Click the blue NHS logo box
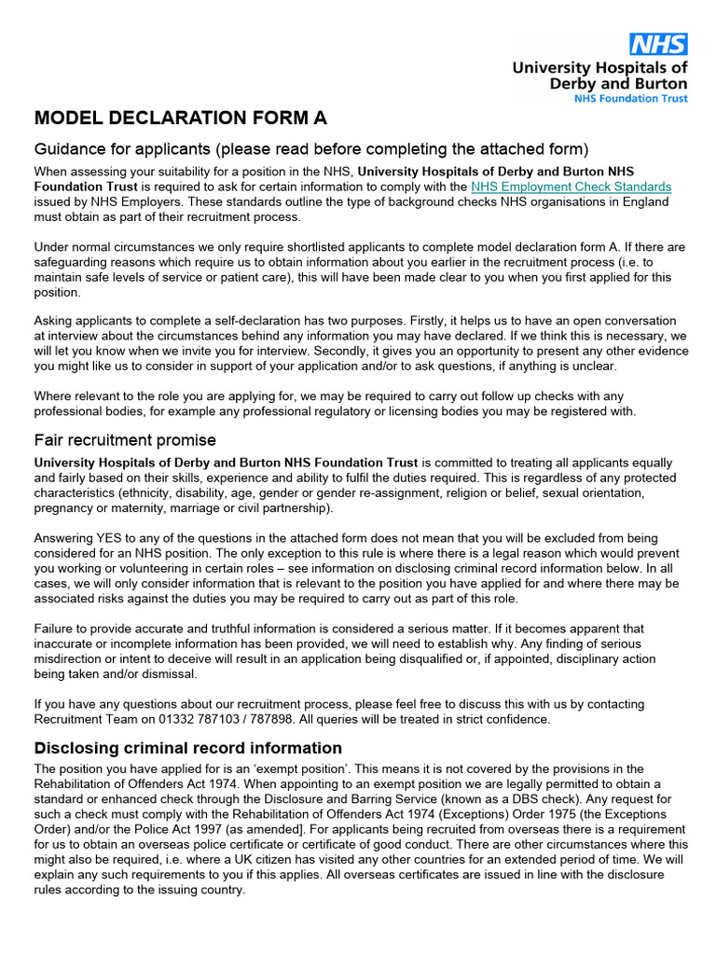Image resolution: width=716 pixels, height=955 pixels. pos(658,44)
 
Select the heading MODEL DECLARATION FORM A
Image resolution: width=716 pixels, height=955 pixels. pos(181,118)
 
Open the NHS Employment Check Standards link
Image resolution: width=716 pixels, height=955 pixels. pos(571,187)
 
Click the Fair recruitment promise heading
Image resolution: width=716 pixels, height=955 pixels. pos(125,439)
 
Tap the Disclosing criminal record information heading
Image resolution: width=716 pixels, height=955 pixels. pos(187,748)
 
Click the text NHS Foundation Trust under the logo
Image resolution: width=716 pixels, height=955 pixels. pos(630,98)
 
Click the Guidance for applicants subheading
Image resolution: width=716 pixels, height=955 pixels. pos(311,149)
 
